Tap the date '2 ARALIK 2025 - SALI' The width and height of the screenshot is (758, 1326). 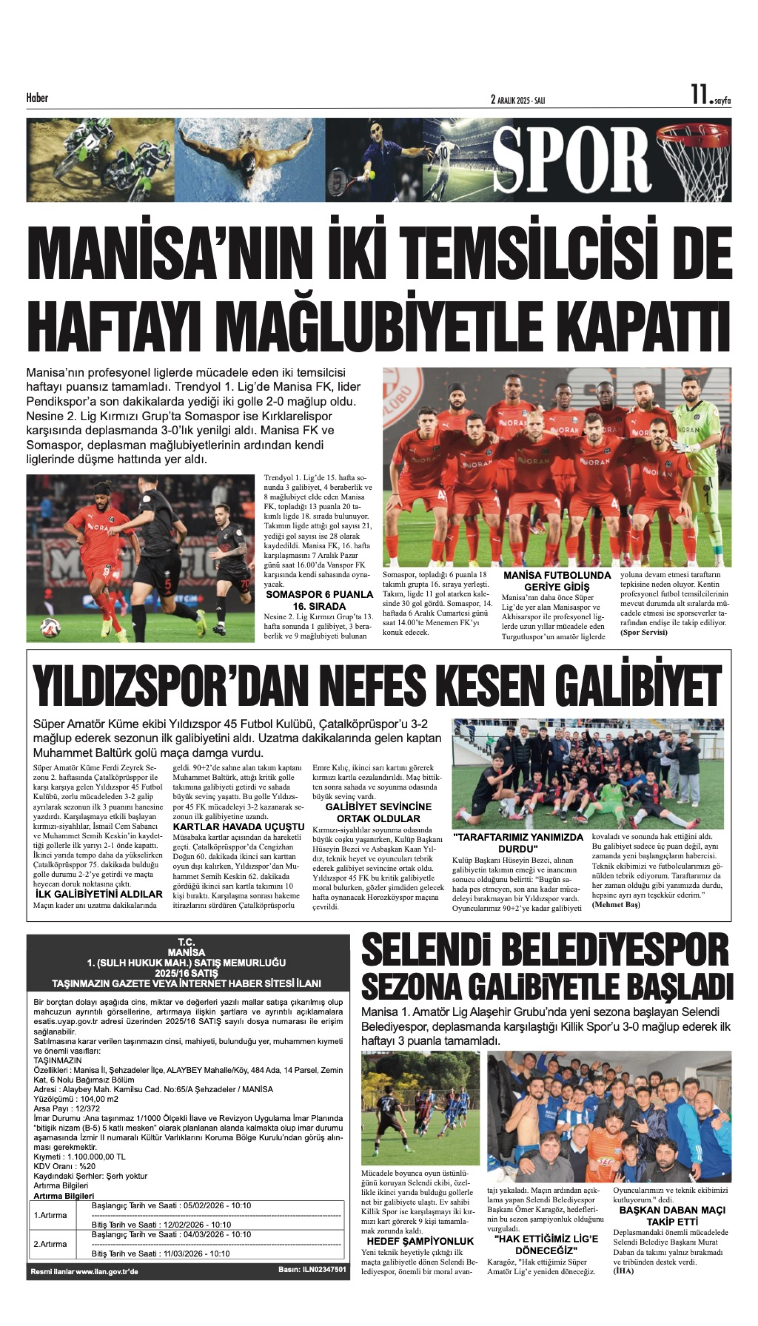[517, 99]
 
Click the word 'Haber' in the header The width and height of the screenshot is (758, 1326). [37, 98]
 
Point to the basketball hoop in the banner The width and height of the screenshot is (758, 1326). [694, 156]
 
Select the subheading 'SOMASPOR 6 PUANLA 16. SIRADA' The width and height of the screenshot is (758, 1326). [319, 600]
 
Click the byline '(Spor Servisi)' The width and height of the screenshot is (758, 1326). [644, 632]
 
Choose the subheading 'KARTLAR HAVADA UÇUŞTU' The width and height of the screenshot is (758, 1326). [239, 827]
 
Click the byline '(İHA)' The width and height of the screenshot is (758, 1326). [624, 1271]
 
